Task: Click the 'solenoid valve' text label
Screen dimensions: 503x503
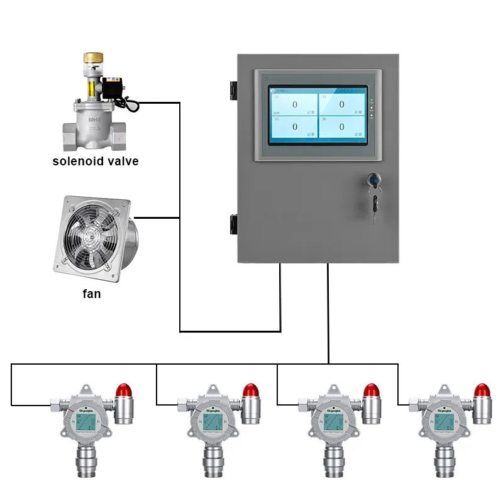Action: (95, 162)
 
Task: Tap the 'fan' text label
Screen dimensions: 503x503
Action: (92, 293)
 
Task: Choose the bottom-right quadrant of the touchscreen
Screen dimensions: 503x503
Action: (341, 126)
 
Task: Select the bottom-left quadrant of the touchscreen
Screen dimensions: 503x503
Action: (294, 126)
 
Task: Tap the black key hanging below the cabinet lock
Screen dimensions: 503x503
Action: (375, 204)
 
